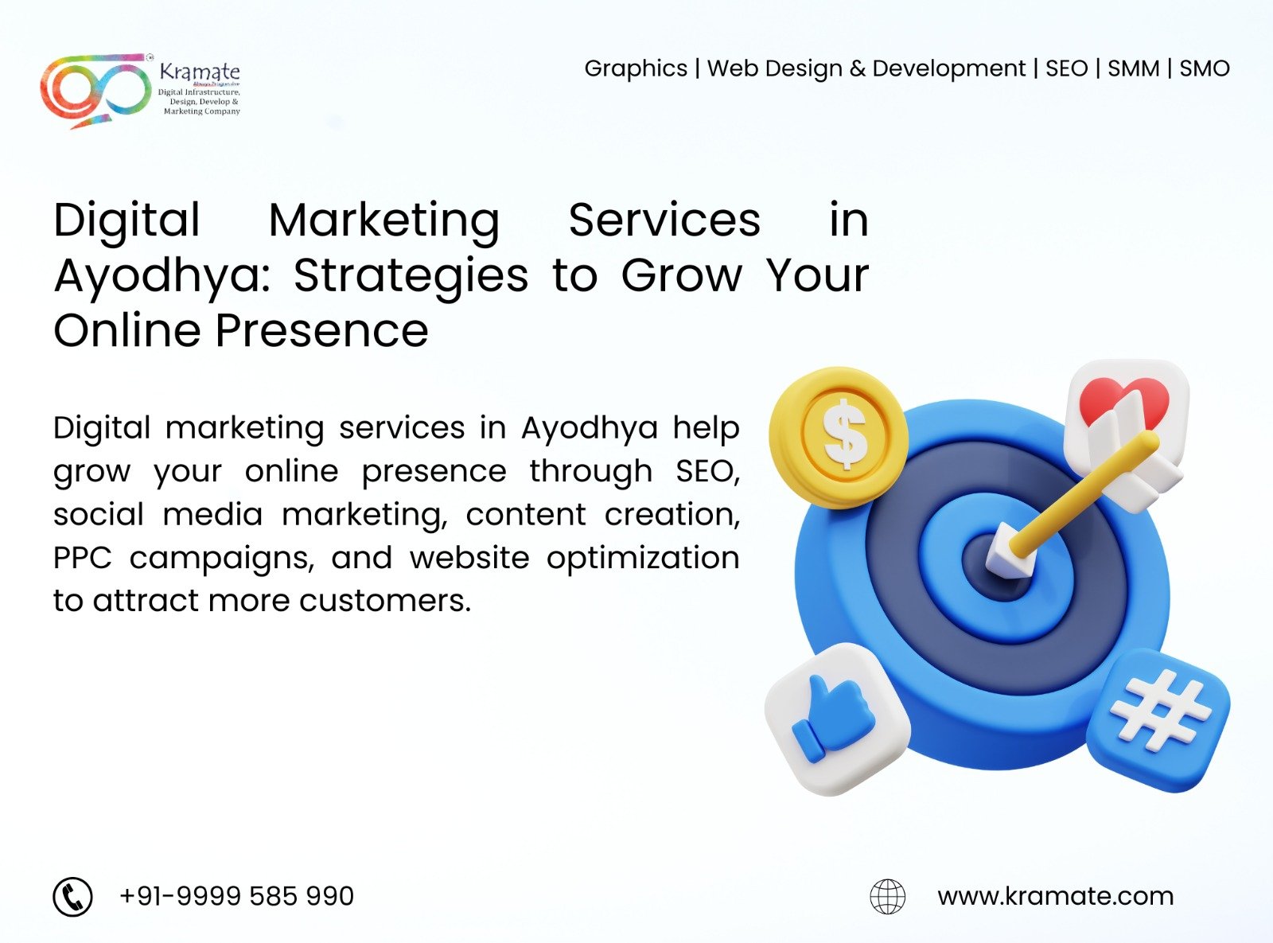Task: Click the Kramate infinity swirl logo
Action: tap(95, 90)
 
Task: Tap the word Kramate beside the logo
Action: tap(200, 72)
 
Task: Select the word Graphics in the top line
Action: tap(636, 69)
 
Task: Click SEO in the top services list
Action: tap(1066, 68)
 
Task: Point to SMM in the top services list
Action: tap(1133, 68)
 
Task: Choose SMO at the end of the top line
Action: tap(1204, 68)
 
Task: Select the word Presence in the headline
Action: tap(322, 330)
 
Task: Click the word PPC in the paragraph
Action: tap(82, 557)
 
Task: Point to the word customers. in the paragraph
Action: tap(384, 601)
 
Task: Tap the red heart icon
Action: tap(1123, 399)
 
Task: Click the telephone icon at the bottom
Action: tap(73, 897)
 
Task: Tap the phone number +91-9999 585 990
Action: tap(236, 896)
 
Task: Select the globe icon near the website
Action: tap(887, 897)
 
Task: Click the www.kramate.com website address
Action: tap(1056, 897)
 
